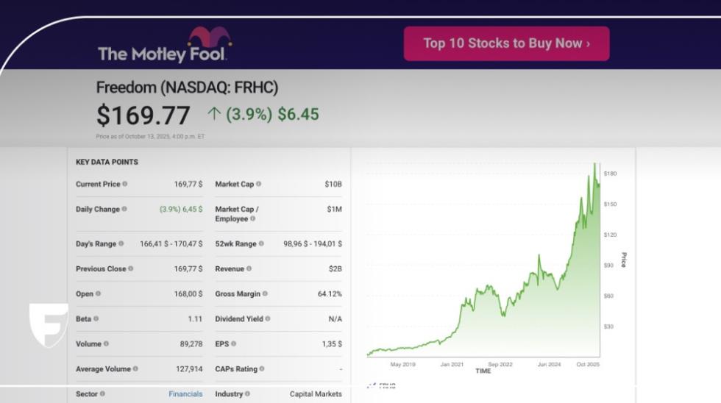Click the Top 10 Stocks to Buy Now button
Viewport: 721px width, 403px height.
[506, 43]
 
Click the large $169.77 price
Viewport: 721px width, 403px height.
[143, 115]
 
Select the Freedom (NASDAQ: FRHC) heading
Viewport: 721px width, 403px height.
[187, 88]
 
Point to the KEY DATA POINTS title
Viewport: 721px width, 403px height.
[107, 162]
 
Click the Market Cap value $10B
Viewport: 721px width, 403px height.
[333, 184]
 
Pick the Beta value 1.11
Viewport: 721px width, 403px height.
[195, 319]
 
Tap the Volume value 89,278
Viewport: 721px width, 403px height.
[191, 344]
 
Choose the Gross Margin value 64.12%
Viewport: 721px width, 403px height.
[330, 294]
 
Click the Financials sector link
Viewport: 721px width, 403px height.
[185, 394]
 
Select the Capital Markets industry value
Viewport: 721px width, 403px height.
[316, 394]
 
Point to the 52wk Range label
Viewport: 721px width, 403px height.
[235, 243]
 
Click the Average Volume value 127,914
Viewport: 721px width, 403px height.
[188, 369]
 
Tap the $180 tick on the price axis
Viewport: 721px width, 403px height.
[610, 174]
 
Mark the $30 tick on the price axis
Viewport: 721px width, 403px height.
[609, 327]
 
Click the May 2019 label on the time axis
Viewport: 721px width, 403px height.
[402, 364]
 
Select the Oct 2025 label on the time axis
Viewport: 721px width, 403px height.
[588, 364]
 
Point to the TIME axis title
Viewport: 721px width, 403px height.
[483, 371]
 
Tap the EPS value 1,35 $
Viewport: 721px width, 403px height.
[331, 344]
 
